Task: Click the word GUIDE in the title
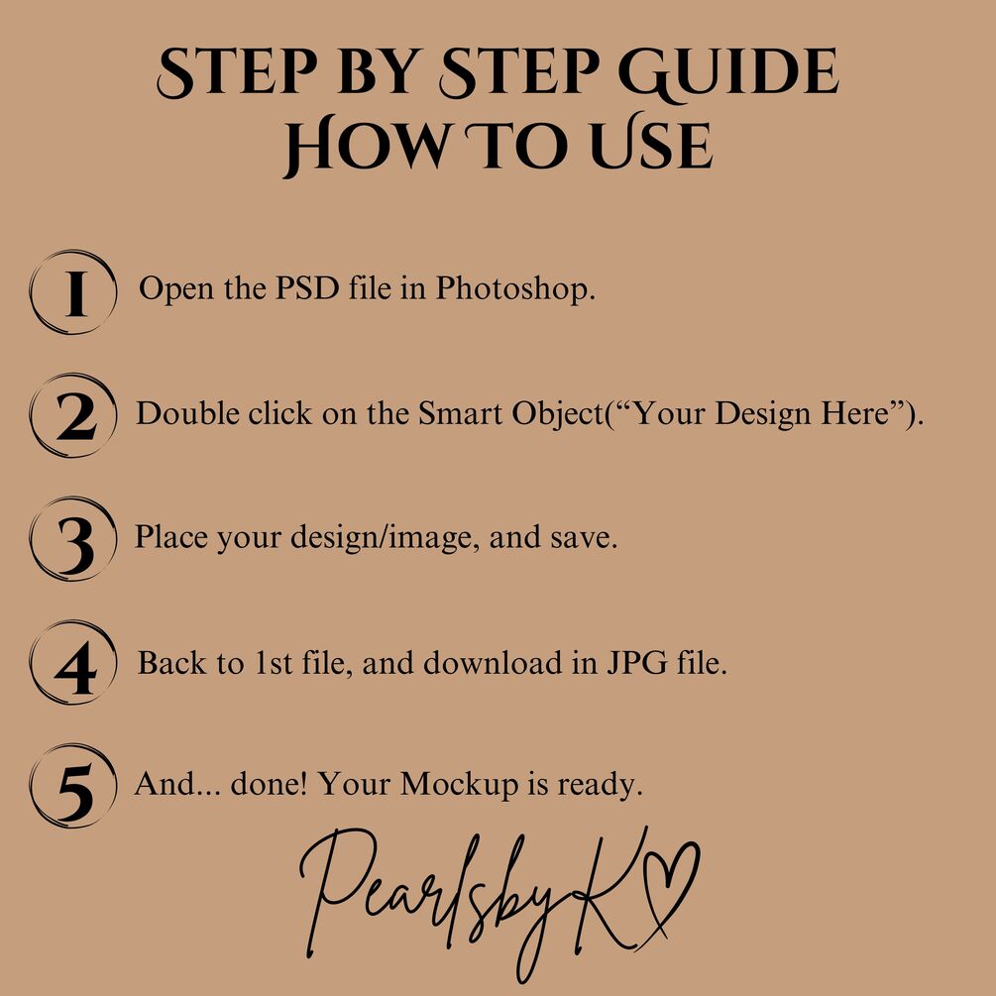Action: click(x=728, y=73)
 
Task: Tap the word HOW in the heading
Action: click(x=366, y=146)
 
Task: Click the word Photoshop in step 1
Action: click(x=515, y=289)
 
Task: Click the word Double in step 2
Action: click(x=187, y=413)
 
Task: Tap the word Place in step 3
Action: click(x=170, y=537)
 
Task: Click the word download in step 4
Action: click(x=493, y=662)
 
